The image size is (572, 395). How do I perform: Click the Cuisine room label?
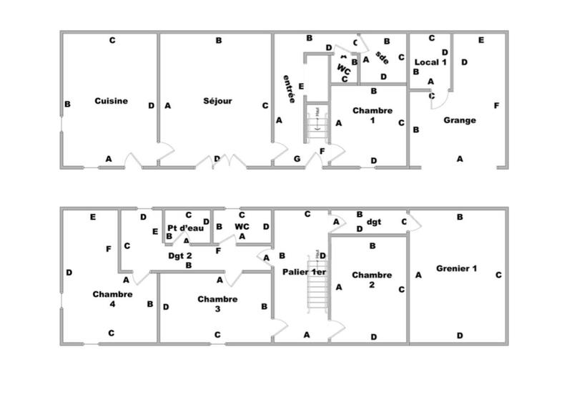111,102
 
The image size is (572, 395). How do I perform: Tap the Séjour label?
217,102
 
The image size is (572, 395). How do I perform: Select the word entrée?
288,89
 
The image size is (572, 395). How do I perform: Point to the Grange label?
459,120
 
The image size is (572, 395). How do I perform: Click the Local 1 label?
430,62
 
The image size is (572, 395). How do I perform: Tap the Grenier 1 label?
460,269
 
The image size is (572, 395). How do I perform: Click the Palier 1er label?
304,273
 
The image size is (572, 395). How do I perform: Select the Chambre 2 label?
372,280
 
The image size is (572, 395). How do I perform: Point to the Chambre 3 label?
217,300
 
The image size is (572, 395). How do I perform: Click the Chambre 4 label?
112,298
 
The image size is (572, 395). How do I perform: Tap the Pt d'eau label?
186,228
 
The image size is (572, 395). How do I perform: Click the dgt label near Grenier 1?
375,222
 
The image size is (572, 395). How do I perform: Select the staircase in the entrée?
316,125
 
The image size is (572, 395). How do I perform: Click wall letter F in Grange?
496,106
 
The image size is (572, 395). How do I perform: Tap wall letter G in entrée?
297,158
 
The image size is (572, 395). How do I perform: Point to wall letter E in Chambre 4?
93,217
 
